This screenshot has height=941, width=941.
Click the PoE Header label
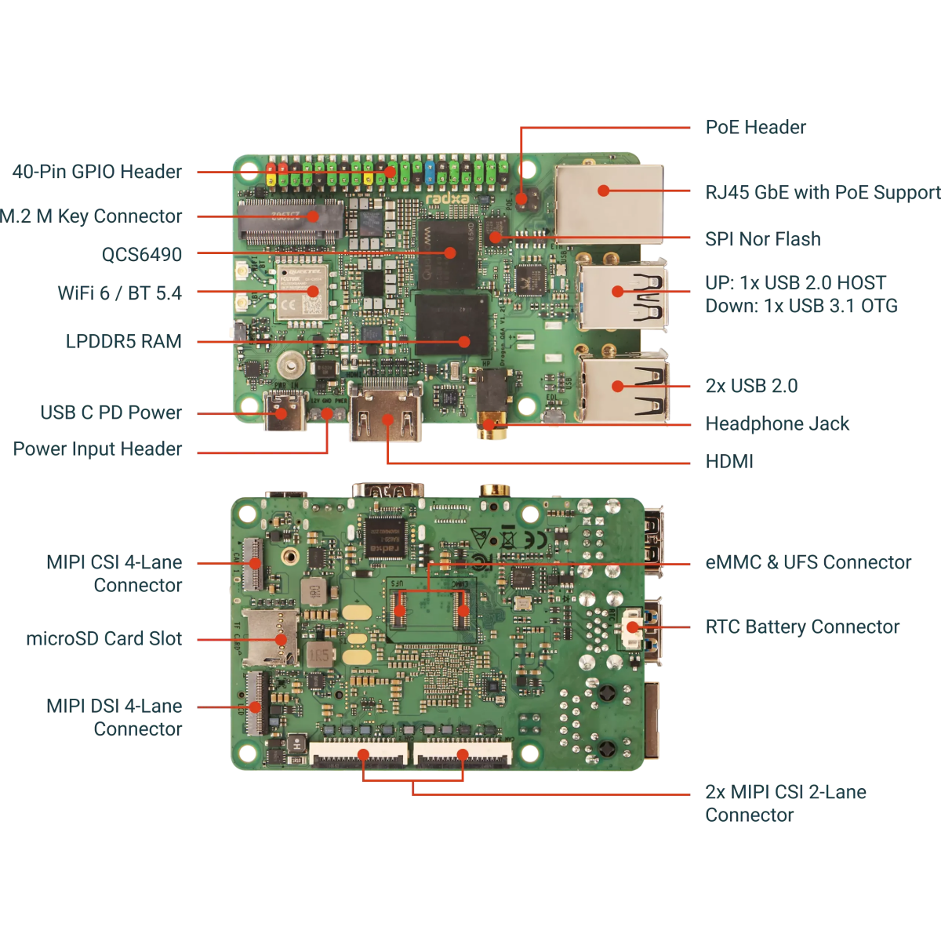tap(755, 127)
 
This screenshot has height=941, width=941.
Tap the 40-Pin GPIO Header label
tap(97, 172)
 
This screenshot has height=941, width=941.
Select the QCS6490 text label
tap(141, 254)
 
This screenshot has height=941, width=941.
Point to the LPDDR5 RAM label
tap(123, 341)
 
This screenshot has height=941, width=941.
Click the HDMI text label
tap(729, 461)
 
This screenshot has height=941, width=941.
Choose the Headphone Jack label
tap(777, 423)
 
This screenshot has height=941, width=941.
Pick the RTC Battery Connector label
tap(802, 627)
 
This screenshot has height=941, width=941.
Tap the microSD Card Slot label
tap(104, 639)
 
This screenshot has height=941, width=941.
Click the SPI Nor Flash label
tap(763, 239)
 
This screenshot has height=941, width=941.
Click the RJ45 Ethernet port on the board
tap(609, 197)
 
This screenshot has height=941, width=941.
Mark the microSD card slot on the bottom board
tap(271, 636)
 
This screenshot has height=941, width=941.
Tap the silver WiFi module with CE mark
tap(301, 293)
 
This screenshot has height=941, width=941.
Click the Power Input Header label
tap(97, 449)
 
